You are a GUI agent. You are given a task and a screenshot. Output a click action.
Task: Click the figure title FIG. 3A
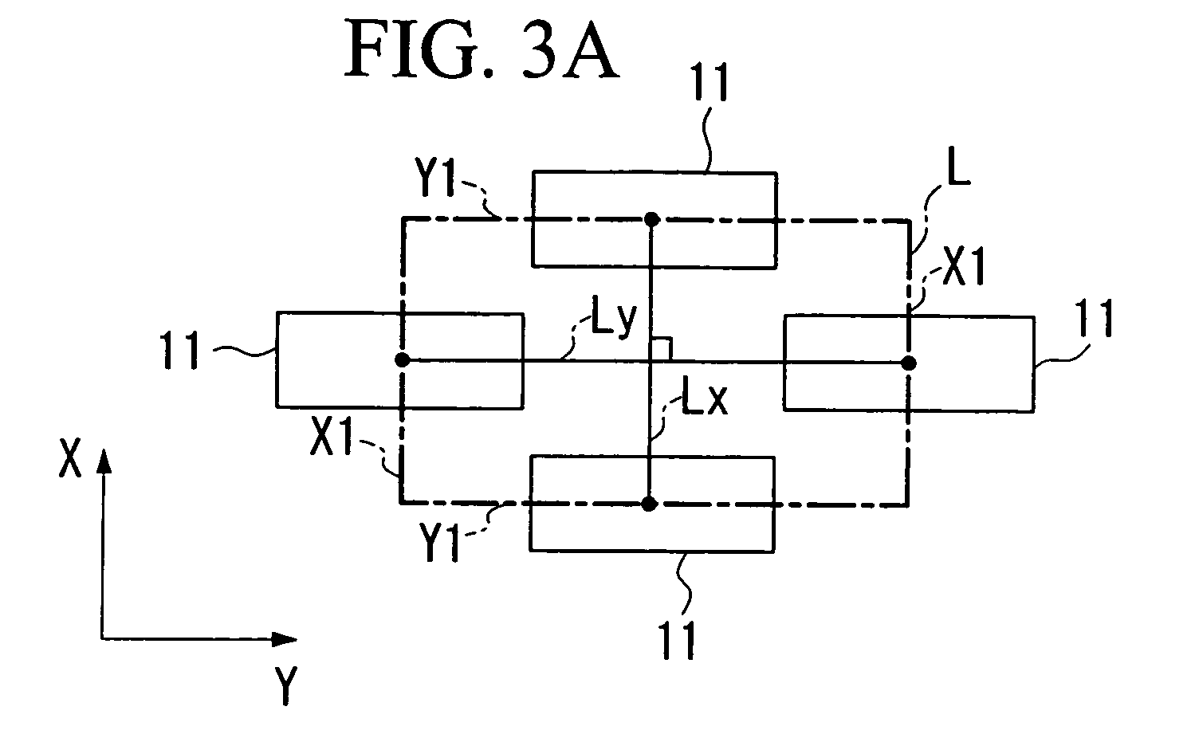click(482, 49)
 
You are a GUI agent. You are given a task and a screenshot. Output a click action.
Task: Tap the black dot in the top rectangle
click(651, 219)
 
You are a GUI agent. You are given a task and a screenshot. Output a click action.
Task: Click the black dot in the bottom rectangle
click(649, 504)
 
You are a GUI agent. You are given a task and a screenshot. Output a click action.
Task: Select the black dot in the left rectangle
click(402, 360)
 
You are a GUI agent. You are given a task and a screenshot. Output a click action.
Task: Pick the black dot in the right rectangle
click(908, 363)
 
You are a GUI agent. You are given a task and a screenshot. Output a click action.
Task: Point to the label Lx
click(705, 397)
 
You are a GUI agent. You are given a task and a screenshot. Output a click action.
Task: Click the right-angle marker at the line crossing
click(661, 349)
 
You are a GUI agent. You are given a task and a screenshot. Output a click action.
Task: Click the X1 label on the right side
click(964, 266)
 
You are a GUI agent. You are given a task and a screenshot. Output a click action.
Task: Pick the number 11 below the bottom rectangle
click(678, 641)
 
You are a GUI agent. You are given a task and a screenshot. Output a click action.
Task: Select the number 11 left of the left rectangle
click(180, 350)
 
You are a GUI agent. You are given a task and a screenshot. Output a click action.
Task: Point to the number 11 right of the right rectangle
click(1094, 318)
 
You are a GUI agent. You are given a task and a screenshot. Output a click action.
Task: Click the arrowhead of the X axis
click(104, 461)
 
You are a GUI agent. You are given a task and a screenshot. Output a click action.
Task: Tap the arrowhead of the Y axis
click(285, 639)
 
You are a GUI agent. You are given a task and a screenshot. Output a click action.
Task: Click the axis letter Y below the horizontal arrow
click(286, 686)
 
